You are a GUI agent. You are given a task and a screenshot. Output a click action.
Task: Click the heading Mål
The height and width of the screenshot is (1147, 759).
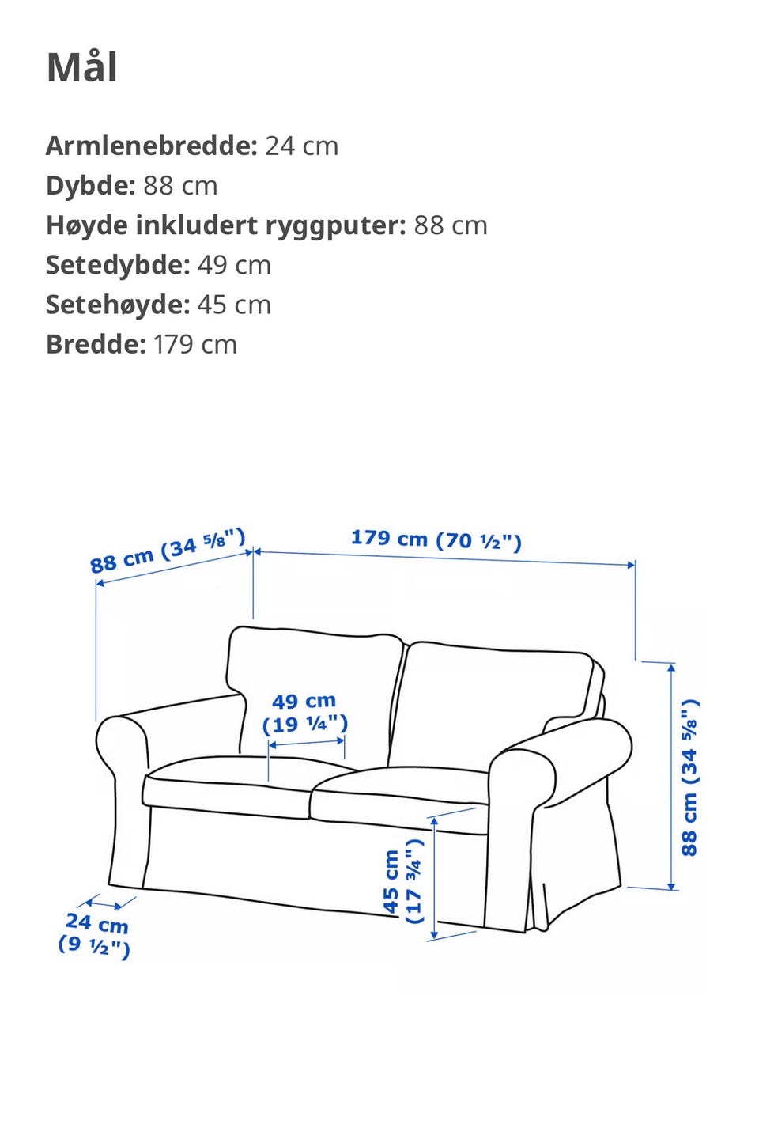[82, 67]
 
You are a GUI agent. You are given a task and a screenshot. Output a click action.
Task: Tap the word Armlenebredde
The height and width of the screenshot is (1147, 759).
[151, 146]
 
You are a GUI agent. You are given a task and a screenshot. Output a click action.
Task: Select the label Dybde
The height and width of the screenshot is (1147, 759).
[90, 186]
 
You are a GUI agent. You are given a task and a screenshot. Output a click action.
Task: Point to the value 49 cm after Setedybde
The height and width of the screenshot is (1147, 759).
[234, 265]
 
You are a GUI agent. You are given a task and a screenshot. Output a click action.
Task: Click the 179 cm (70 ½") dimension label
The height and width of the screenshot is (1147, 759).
[436, 539]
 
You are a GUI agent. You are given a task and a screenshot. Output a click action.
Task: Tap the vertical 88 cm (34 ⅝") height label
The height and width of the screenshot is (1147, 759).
[690, 778]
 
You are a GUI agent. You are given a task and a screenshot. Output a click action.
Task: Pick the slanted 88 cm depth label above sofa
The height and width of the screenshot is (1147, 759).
[168, 550]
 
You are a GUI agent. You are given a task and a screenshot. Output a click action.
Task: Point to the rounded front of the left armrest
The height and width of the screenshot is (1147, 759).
[121, 748]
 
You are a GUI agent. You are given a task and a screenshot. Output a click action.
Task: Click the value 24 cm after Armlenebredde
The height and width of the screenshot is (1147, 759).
[301, 146]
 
